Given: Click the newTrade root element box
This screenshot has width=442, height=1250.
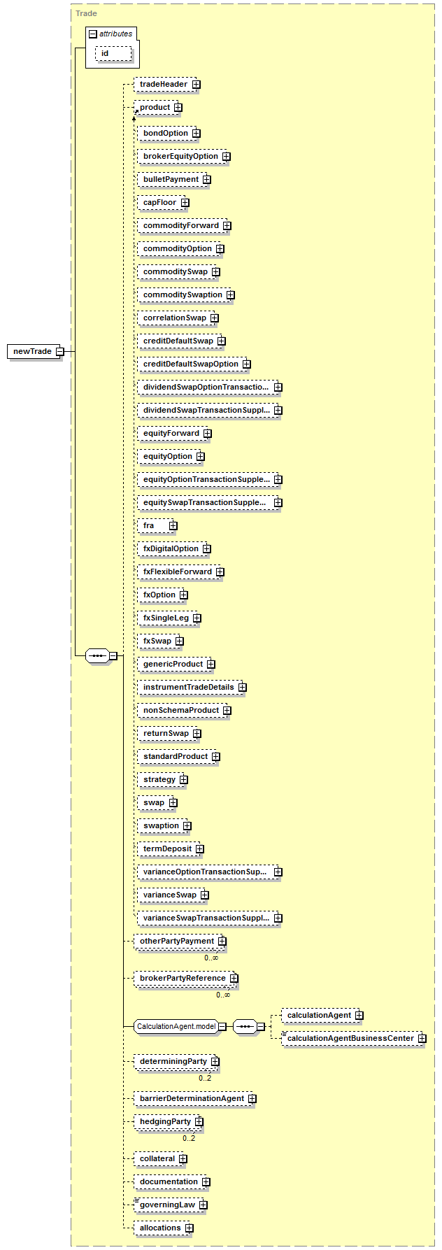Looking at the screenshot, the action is (x=36, y=351).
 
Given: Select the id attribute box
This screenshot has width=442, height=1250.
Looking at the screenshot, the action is (x=113, y=54).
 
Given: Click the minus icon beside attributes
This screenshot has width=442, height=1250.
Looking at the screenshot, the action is (x=92, y=34).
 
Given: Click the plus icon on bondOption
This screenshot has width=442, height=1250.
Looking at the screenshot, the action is (x=197, y=133).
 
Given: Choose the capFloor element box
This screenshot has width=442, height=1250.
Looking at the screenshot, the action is (x=163, y=203).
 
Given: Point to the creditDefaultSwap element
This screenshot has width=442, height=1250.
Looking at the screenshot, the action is (x=181, y=341).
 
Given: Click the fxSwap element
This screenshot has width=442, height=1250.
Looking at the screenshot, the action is (x=160, y=641).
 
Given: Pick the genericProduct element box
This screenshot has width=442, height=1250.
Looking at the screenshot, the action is (x=176, y=665).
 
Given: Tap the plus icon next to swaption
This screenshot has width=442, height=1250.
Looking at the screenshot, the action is (x=187, y=826).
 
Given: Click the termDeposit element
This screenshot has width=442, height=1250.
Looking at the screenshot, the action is (x=171, y=849).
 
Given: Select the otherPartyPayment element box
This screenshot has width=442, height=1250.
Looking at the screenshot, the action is (x=180, y=942).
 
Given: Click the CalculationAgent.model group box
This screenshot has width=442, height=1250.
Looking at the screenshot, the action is (x=180, y=1027).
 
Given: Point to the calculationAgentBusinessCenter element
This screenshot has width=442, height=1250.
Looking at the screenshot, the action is (x=354, y=1039).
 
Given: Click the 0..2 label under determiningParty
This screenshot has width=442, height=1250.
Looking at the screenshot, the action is (x=205, y=1078).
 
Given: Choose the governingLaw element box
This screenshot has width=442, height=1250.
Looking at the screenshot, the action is (x=171, y=1205).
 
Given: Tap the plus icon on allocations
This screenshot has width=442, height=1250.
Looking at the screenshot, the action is (x=190, y=1228).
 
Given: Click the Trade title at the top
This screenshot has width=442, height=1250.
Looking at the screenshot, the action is (x=87, y=13).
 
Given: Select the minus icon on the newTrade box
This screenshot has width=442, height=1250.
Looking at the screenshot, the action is (x=59, y=351).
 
